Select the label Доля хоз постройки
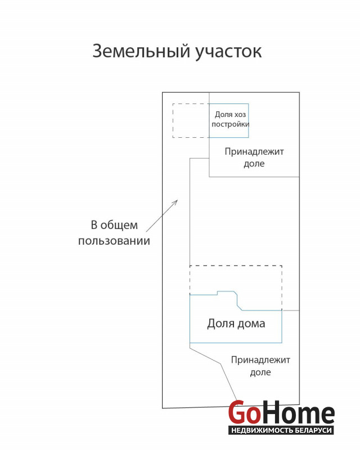point(230,119)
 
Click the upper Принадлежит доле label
point(254,157)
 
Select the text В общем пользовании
point(114,233)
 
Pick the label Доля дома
point(236,324)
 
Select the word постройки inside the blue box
point(230,124)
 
